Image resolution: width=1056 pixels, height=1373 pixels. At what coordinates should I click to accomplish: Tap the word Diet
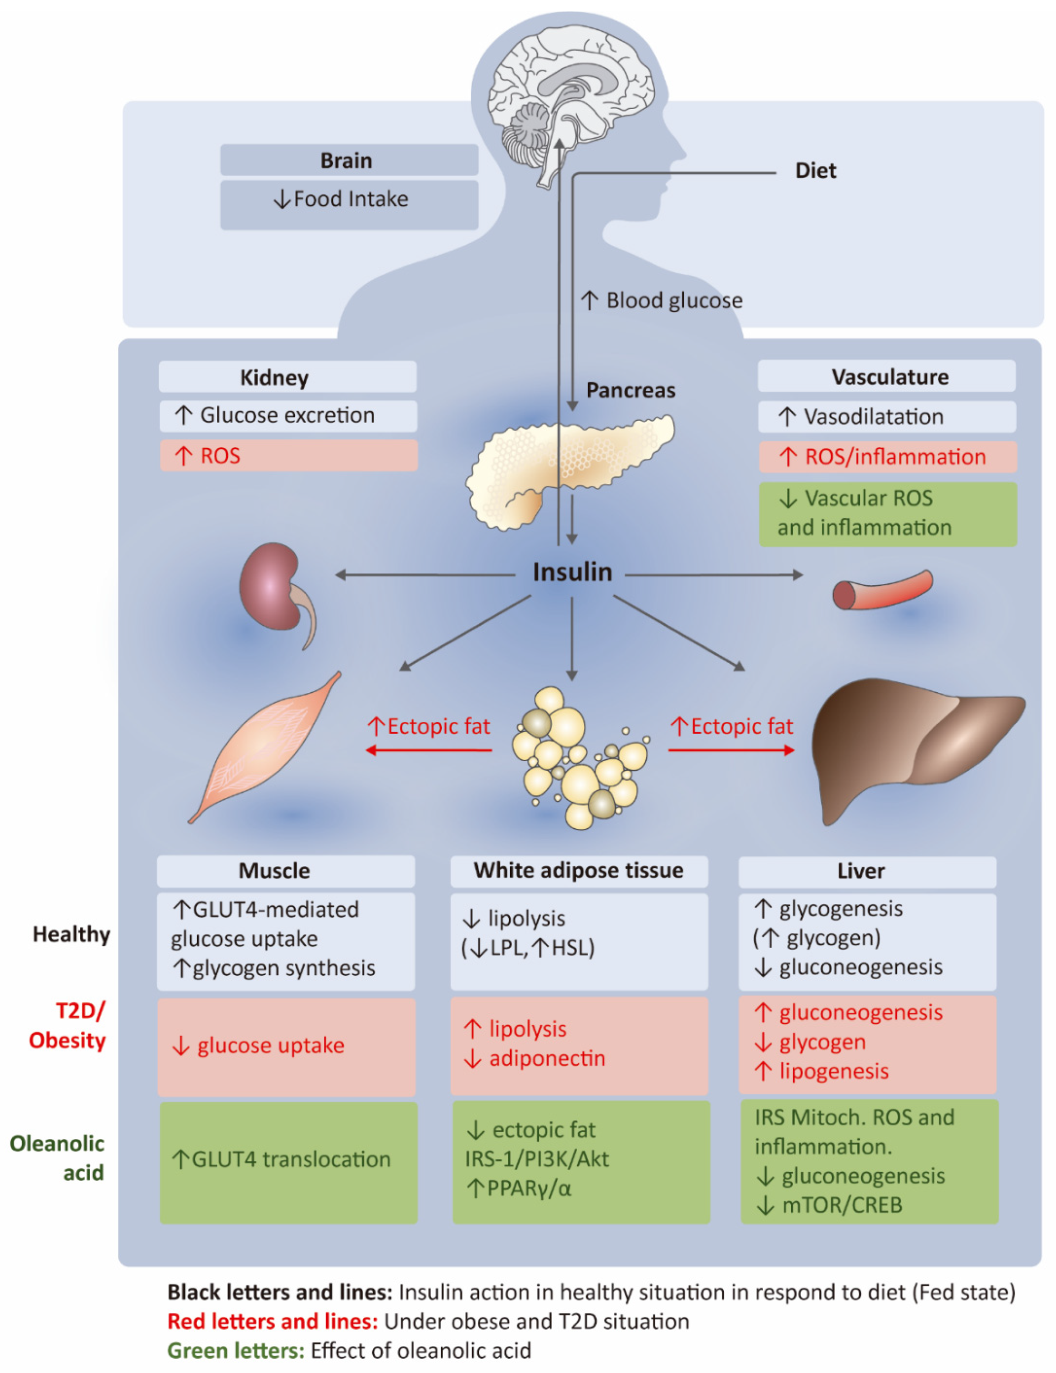815,171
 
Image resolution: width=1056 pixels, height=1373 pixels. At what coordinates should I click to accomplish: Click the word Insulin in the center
572,573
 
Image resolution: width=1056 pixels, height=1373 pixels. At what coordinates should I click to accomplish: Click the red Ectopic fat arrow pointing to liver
731,750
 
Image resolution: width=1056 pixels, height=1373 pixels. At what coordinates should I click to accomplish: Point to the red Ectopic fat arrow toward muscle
429,750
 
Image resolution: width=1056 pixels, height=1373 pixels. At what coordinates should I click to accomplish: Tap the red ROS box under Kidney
288,456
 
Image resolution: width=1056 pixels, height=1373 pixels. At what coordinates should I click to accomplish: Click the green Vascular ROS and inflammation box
888,514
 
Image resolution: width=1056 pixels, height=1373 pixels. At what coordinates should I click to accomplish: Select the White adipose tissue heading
578,871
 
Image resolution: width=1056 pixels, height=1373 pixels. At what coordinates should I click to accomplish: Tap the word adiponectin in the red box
547,1059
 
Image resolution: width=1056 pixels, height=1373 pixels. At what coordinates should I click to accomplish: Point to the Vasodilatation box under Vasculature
886,417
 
